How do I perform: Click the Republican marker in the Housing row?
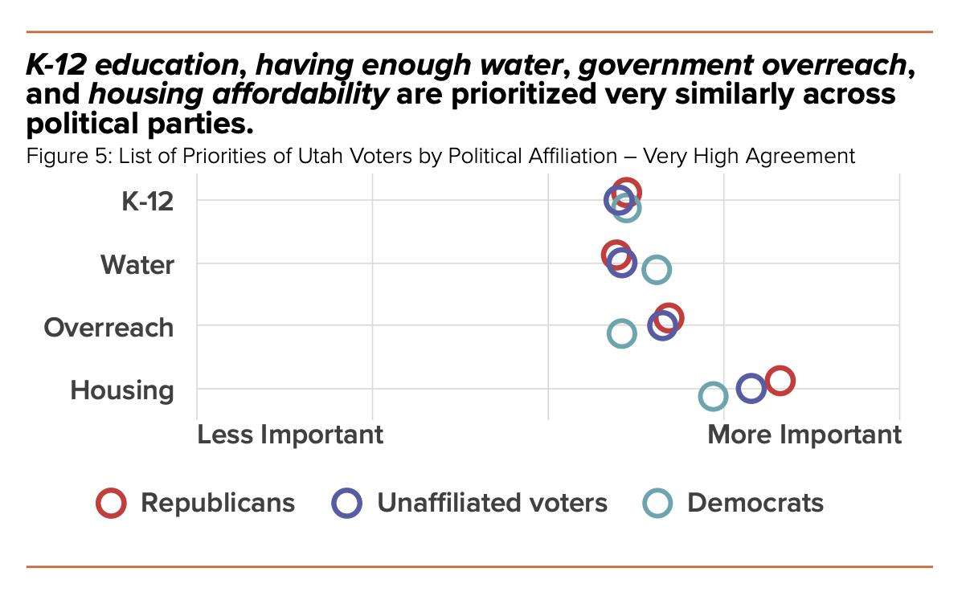(x=780, y=380)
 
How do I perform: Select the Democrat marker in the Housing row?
(x=713, y=396)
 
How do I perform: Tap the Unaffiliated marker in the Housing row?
(x=751, y=389)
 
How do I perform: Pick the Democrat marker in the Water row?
(x=657, y=270)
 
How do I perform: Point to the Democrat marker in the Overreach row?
(x=621, y=333)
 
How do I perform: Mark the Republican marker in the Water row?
(x=616, y=255)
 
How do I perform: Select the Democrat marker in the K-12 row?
(x=627, y=208)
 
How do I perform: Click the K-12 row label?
(x=147, y=201)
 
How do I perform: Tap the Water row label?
(x=137, y=264)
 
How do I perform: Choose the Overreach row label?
(x=108, y=327)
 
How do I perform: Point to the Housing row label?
(x=122, y=390)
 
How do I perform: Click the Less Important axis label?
(x=290, y=435)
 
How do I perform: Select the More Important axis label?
(x=804, y=435)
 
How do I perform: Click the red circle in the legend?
(x=111, y=503)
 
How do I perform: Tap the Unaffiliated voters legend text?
(x=492, y=503)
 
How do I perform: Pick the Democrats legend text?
(x=755, y=503)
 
